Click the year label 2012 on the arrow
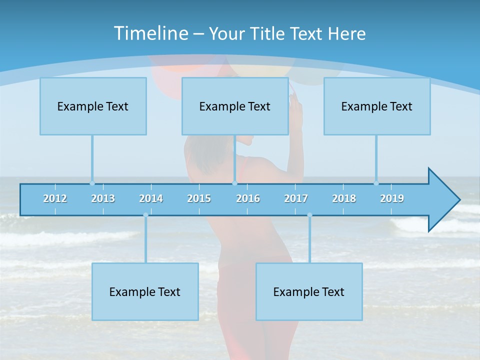(x=55, y=198)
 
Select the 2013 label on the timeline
(x=103, y=198)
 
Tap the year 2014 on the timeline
(x=151, y=198)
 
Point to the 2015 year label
(x=199, y=198)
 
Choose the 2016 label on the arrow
(x=248, y=198)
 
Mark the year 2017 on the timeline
(x=296, y=198)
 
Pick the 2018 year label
(x=344, y=198)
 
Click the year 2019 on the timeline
(x=392, y=198)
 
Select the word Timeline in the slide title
(x=150, y=33)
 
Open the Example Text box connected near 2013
(x=93, y=106)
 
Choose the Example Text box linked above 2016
(x=235, y=106)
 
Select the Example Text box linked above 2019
(x=377, y=106)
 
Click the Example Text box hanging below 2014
(x=145, y=291)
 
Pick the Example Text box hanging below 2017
(x=309, y=291)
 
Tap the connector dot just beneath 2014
(x=145, y=215)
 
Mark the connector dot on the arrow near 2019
(x=376, y=183)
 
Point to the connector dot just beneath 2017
(x=309, y=215)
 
